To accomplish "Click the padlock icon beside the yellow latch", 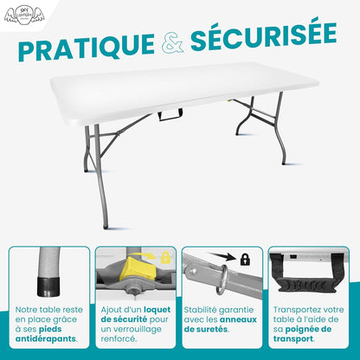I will pos(164,257).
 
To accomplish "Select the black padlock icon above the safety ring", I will pos(245,258).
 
